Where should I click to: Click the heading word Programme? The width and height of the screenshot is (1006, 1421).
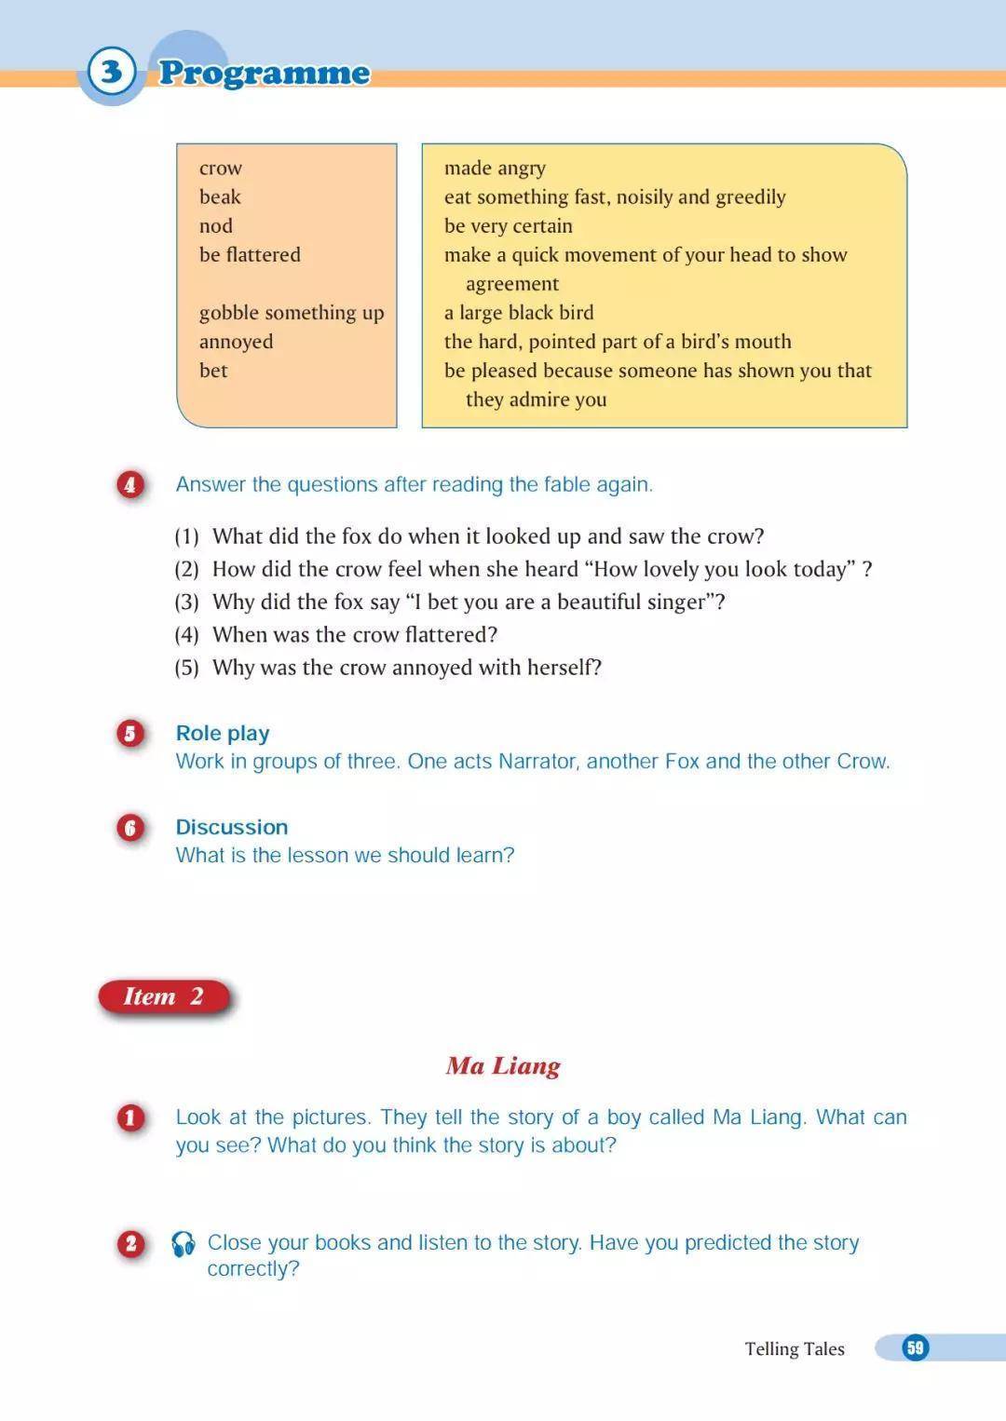tap(265, 73)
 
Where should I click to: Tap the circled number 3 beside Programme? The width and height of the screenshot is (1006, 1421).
tap(112, 72)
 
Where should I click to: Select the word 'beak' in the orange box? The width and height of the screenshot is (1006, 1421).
tap(220, 196)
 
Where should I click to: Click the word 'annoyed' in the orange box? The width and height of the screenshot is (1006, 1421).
tap(237, 342)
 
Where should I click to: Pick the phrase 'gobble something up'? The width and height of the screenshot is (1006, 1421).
tap(292, 313)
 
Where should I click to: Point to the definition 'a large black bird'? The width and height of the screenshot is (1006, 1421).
tap(519, 313)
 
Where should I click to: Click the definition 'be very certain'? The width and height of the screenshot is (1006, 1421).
tap(509, 226)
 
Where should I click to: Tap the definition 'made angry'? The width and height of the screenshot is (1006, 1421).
tap(495, 169)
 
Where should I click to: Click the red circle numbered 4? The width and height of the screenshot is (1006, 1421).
tap(130, 484)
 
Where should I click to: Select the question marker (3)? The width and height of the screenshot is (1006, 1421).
tap(187, 602)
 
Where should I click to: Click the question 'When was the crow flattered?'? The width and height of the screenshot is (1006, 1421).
tap(355, 635)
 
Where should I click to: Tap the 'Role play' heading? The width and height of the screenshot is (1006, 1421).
tap(223, 734)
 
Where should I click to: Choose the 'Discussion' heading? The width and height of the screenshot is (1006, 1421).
tap(232, 827)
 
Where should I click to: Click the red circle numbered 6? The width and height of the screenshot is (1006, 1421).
tap(130, 828)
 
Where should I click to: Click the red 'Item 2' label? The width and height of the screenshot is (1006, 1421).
tap(164, 996)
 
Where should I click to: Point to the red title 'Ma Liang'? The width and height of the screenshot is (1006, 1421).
tap(503, 1065)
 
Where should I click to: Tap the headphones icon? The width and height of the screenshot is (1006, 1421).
tap(184, 1244)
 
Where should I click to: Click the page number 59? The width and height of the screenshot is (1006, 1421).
tap(916, 1347)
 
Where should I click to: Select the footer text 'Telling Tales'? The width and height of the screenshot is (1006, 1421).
tap(795, 1348)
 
